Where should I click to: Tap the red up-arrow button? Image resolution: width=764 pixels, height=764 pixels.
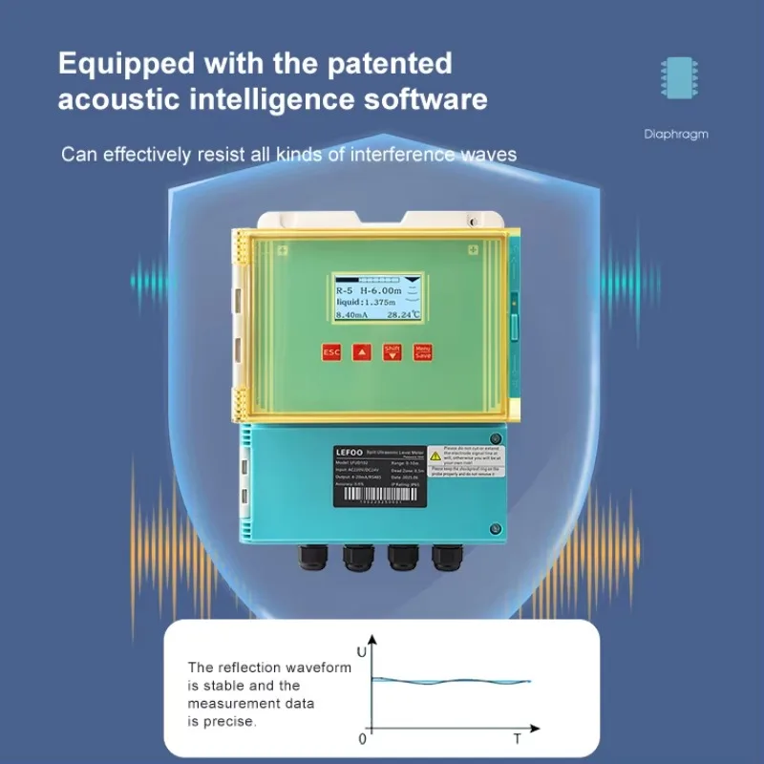pos(361,351)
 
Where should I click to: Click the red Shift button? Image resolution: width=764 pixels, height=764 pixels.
pos(392,351)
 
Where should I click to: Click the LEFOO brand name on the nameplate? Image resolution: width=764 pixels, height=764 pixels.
pos(348,450)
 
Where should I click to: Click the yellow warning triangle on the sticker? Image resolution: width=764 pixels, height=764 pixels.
pos(434,456)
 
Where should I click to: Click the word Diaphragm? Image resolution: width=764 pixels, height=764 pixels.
pos(676,135)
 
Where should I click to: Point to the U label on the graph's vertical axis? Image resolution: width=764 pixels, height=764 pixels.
pos(361,651)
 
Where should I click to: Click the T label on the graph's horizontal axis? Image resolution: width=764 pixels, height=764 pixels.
pos(517,738)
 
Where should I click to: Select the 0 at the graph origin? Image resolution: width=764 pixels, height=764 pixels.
pos(362,738)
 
